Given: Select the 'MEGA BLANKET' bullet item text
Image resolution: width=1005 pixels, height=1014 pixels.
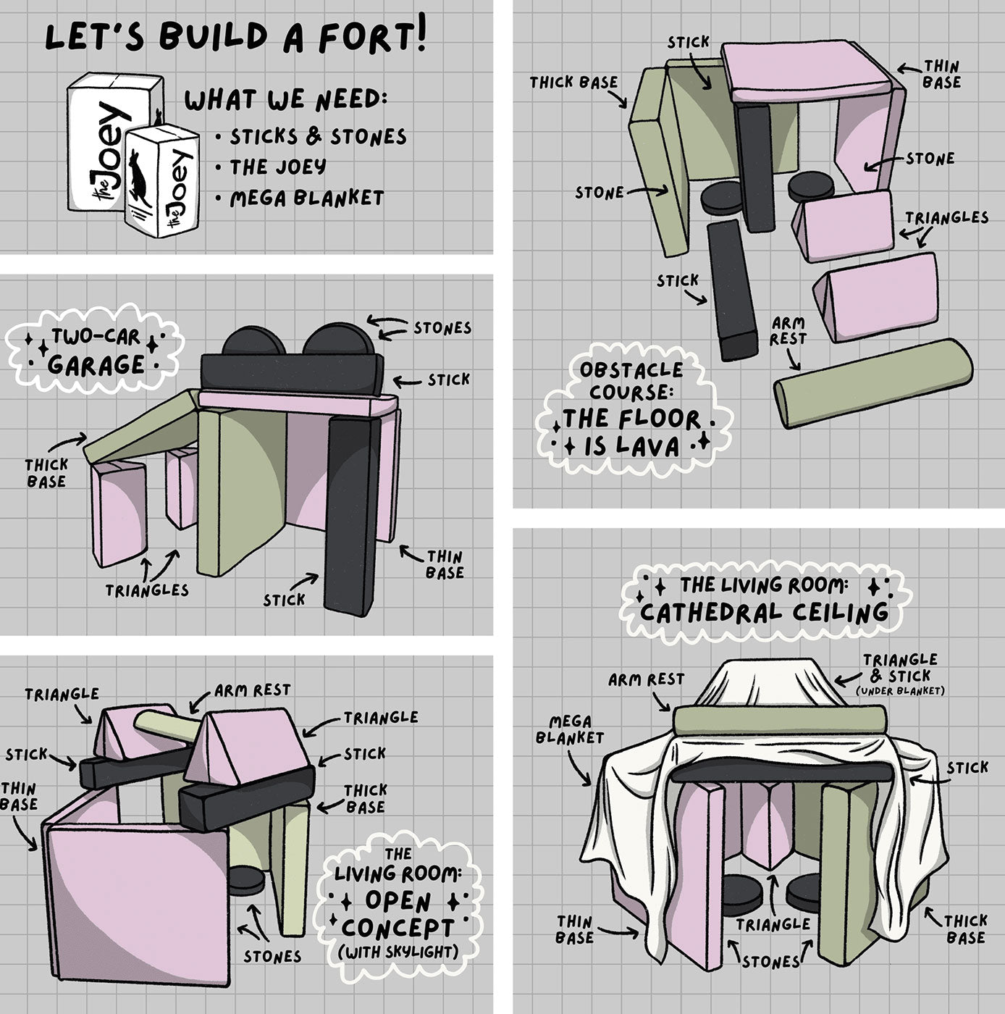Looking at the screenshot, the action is (x=307, y=198).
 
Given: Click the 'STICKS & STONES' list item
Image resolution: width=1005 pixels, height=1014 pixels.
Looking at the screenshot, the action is (x=319, y=137).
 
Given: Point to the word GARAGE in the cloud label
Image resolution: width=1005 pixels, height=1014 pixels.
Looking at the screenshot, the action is (x=96, y=364).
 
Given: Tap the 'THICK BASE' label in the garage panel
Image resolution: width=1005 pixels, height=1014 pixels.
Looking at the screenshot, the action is (x=47, y=472).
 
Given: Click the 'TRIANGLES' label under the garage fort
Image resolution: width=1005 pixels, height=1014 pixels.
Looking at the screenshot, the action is (x=147, y=590).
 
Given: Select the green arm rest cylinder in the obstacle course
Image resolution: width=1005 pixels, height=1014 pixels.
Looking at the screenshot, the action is (x=873, y=382).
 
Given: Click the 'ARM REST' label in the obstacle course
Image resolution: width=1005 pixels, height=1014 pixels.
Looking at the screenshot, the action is (x=789, y=330).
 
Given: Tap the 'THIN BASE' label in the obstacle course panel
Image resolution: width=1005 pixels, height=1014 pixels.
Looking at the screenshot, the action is (x=942, y=74).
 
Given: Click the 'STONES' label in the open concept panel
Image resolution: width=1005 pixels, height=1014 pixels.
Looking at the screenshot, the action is (x=272, y=956).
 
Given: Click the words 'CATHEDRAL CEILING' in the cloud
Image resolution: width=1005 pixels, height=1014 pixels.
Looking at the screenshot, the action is (x=764, y=613).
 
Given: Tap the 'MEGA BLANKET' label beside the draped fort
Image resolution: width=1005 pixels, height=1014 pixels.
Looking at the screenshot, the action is (x=570, y=729).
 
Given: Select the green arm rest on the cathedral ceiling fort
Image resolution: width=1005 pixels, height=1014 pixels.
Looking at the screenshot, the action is (x=779, y=718).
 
